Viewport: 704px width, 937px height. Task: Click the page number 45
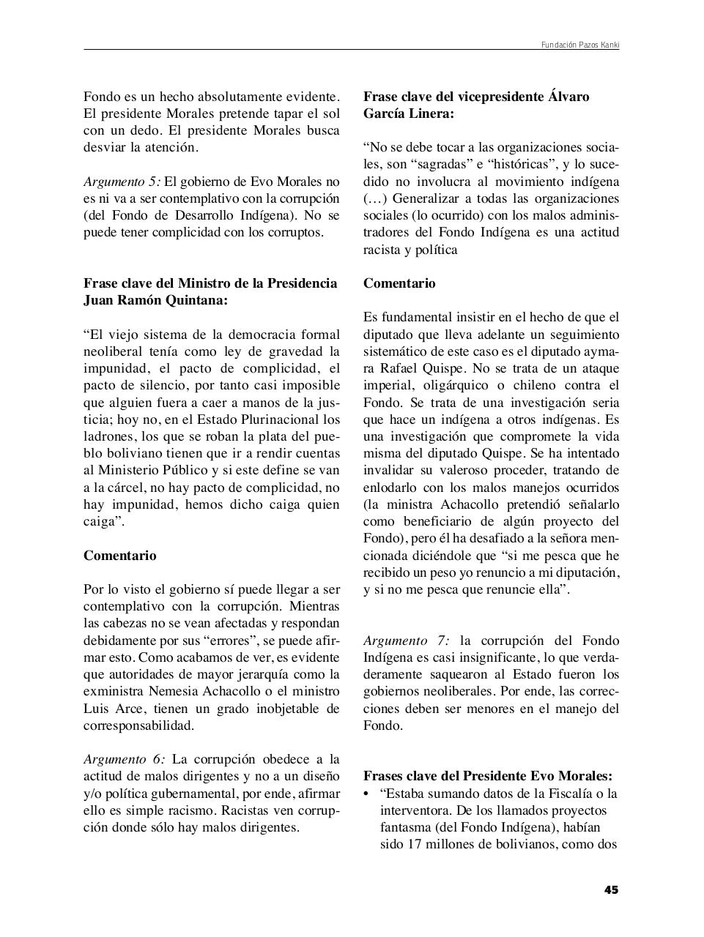pos(611,890)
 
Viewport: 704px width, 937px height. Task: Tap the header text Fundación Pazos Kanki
pos(580,45)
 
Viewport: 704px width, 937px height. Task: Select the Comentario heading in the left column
pos(119,556)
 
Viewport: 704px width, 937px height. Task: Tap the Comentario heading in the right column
pos(399,283)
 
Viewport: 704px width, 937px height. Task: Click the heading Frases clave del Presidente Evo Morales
pos(488,776)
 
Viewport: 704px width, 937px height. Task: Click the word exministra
pos(113,691)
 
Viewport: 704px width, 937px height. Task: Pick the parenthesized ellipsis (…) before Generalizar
pos(376,198)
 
